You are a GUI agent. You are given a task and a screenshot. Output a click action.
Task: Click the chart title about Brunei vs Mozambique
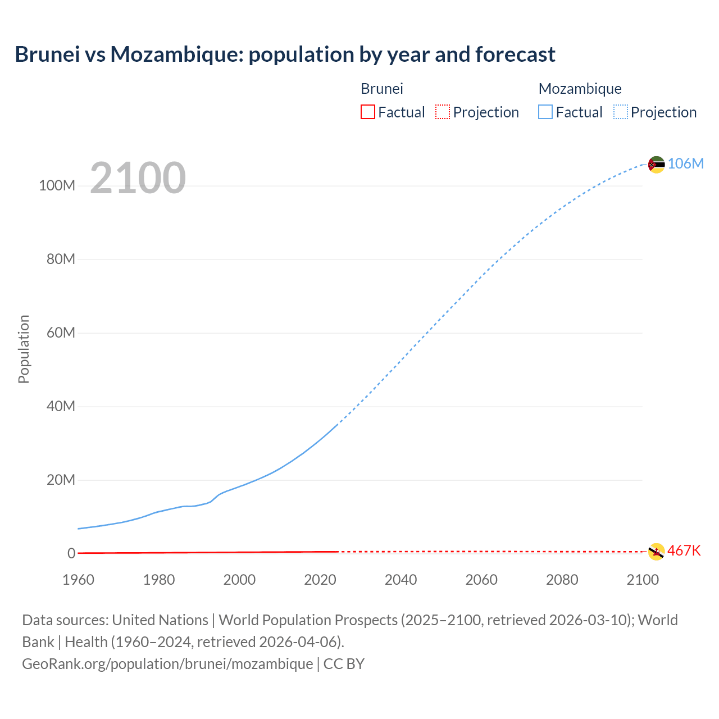coord(285,54)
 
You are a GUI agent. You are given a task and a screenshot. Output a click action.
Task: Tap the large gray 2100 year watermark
coord(138,178)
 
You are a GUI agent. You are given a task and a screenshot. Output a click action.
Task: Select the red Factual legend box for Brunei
coord(367,112)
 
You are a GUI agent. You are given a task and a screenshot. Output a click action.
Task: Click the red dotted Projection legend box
coord(443,112)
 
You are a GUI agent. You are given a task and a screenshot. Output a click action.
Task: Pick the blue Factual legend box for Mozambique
coord(545,112)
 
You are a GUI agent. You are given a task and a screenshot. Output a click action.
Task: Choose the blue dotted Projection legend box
coord(620,112)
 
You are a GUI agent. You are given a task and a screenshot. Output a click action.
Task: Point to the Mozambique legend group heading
coord(580,89)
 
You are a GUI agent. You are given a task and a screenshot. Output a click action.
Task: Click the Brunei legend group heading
coord(381,89)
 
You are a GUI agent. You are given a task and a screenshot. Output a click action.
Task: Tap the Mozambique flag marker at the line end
coord(656,164)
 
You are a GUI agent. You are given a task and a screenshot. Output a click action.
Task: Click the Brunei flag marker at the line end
coord(656,552)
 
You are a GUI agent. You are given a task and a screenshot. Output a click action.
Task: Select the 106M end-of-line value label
coord(685,163)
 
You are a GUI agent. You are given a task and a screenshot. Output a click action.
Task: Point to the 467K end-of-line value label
coord(684,550)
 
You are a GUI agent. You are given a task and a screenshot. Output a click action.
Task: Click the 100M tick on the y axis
coord(57,185)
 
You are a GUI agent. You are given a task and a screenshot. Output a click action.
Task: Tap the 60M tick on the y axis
coord(61,333)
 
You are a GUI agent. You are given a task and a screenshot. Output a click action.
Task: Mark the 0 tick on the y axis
coord(71,553)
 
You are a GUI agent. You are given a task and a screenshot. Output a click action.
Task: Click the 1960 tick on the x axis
coord(78,580)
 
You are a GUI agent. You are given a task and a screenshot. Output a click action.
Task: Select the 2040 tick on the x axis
coord(401,580)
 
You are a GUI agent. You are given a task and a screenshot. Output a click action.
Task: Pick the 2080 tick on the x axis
coord(562,580)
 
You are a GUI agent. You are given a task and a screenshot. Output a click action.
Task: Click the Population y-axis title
coord(24,349)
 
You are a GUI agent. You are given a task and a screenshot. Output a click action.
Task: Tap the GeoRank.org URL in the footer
coord(167,664)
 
